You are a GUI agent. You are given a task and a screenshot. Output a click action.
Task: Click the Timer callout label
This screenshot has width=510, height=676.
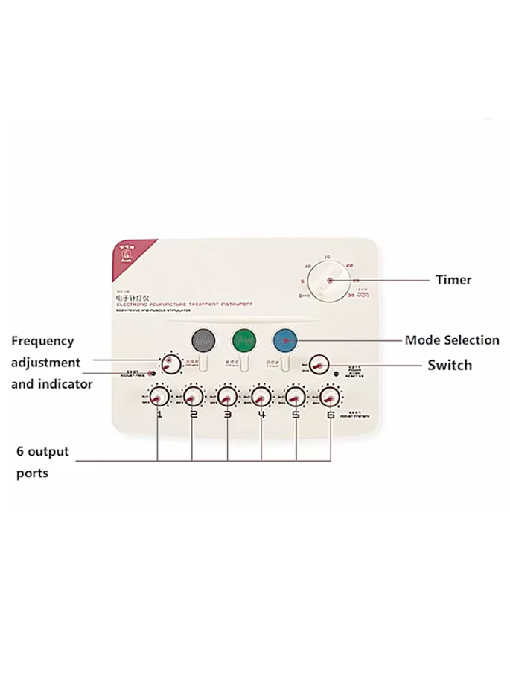453,280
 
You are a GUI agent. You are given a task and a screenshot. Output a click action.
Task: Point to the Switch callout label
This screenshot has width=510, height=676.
450,366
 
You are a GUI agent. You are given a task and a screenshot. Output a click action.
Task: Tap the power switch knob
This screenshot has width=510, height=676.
319,364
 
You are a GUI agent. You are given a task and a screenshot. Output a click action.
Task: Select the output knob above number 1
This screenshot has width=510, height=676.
159,395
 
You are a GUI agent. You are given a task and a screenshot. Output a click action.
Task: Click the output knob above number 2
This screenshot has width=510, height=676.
193,395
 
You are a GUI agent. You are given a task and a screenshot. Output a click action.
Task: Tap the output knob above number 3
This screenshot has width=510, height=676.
227,395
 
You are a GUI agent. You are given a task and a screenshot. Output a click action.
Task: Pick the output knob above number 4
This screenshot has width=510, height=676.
261,395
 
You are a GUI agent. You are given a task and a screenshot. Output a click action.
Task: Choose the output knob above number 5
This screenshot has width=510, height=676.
296,395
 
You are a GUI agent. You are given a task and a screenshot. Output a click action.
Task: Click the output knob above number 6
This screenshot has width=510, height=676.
329,395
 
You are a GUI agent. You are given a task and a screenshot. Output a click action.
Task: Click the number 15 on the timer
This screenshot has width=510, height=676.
327,257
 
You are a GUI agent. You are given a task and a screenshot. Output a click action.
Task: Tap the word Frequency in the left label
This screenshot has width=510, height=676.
42,341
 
